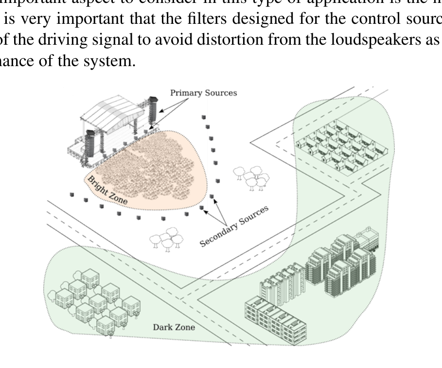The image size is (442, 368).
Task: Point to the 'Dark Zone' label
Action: pos(174,327)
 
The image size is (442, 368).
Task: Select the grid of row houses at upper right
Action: pos(336,141)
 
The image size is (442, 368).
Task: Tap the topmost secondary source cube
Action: pos(204,117)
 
